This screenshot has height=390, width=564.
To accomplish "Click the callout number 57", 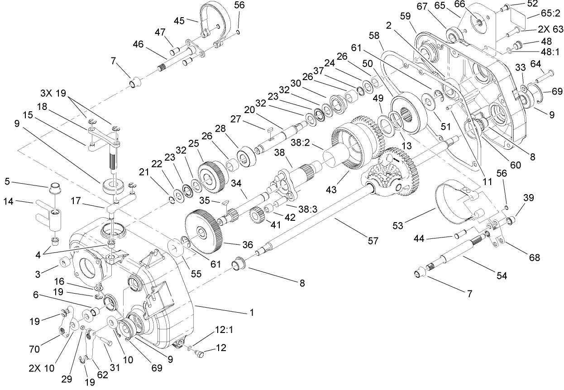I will point(372,242).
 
